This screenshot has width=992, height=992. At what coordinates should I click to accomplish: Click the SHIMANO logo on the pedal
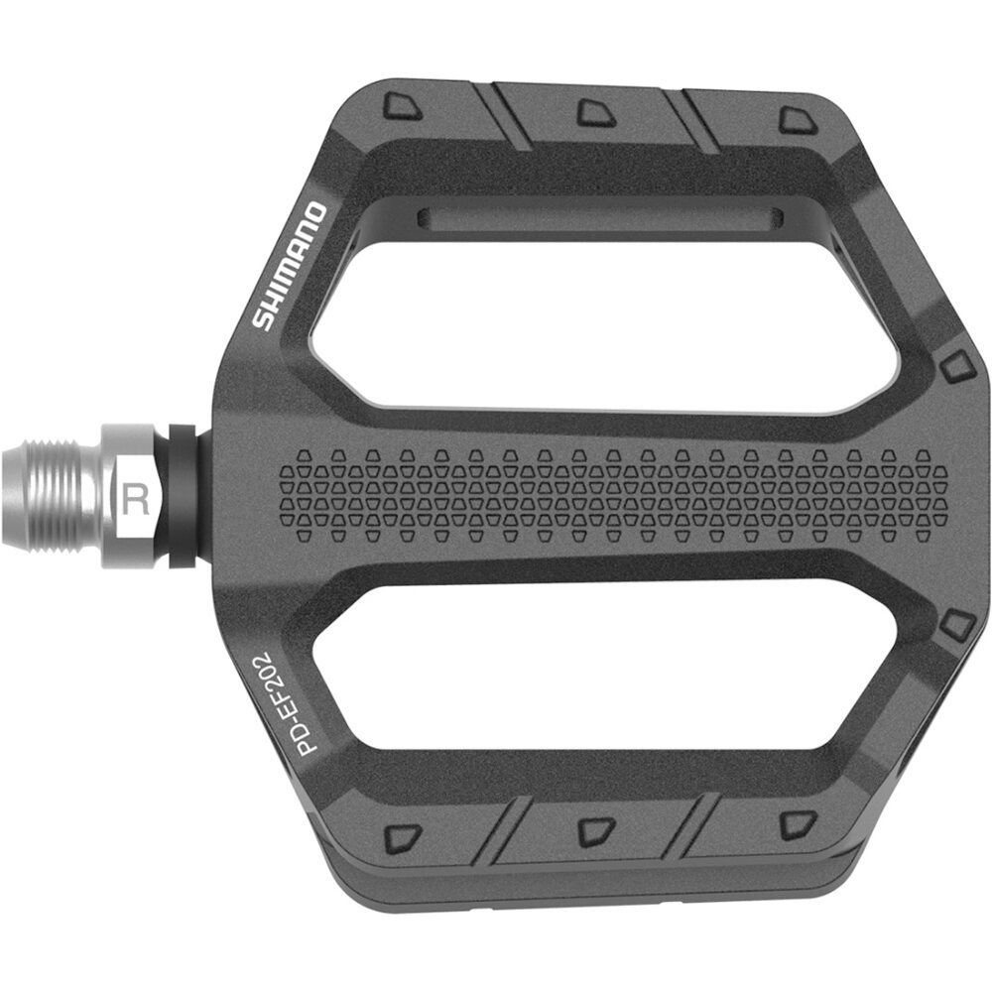click(288, 266)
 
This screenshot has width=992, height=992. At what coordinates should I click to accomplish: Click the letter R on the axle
click(136, 497)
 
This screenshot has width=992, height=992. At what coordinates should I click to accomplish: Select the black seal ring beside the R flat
click(182, 496)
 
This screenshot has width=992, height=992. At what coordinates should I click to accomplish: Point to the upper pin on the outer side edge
click(956, 366)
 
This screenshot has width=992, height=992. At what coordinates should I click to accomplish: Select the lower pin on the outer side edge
click(956, 625)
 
